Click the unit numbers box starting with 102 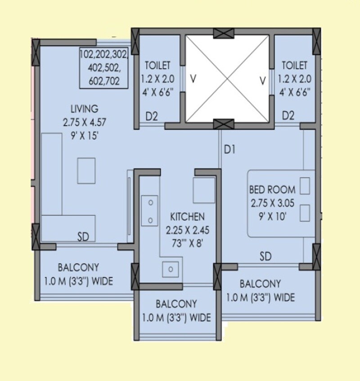[104, 67]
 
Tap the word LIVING [84, 109]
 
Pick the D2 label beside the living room [152, 116]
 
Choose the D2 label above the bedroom [288, 116]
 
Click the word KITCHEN [185, 217]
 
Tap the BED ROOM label [272, 189]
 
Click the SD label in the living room [83, 237]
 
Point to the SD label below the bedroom [265, 256]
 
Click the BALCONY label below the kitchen [176, 304]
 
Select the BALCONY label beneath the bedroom [260, 284]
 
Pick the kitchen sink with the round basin [171, 269]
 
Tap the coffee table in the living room [86, 170]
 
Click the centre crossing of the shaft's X [227, 79]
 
